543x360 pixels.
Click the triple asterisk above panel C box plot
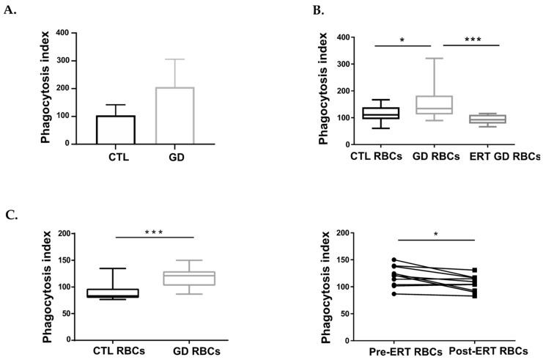[x=153, y=232]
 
